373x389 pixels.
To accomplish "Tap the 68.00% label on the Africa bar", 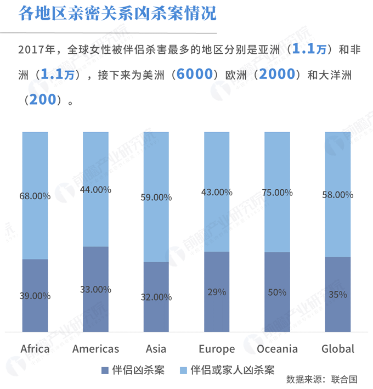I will [x=35, y=196].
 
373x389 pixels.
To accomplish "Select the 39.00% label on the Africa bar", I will [x=35, y=296].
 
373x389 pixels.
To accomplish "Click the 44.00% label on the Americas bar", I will [x=95, y=190].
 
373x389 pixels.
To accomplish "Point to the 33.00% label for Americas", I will [x=95, y=290].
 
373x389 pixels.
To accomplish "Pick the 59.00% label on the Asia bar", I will [x=156, y=198].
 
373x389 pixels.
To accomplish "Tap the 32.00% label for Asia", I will [x=156, y=297].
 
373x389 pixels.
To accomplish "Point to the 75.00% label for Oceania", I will [x=277, y=192].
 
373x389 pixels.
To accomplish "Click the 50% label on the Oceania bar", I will [x=277, y=292].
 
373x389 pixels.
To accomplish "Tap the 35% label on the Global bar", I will [x=337, y=295].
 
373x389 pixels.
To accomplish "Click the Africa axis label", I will [x=35, y=349].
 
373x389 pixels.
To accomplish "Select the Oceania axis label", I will [x=277, y=349].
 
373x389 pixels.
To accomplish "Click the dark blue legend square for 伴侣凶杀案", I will [x=104, y=370].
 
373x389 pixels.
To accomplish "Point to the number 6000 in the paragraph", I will [x=191, y=75].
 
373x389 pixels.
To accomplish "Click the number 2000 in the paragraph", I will [x=277, y=75].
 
